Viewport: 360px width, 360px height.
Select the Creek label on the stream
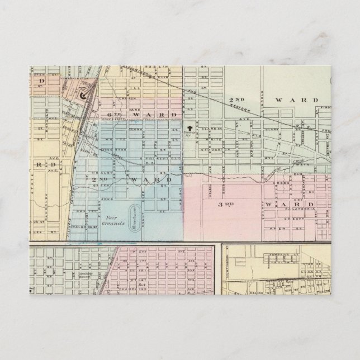coord(297,161)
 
